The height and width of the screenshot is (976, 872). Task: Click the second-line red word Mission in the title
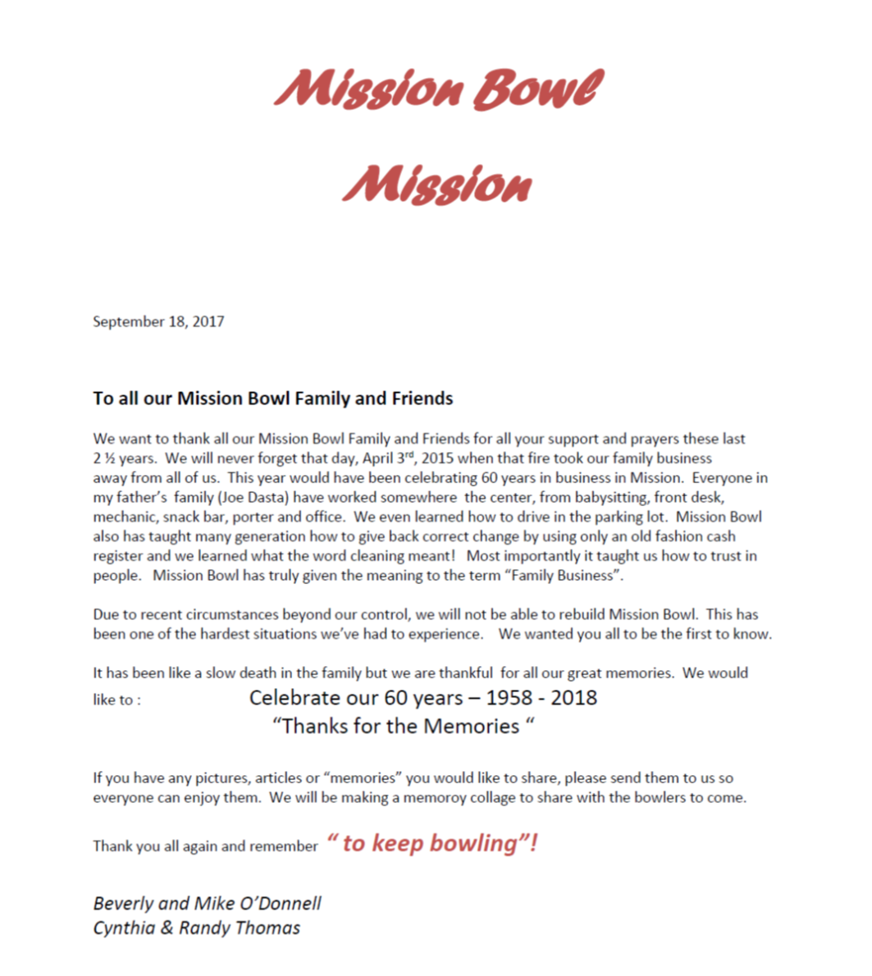pos(437,185)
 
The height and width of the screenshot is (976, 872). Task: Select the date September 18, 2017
pos(158,322)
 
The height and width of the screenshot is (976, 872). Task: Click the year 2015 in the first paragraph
pos(436,458)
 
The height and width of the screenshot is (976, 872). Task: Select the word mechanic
pos(126,517)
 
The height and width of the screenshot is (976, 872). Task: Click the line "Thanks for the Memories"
pos(404,726)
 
